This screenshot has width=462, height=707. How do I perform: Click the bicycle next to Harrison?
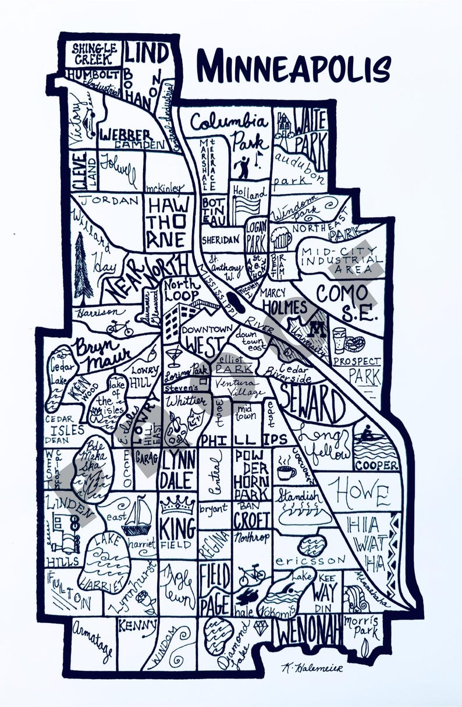tap(119, 328)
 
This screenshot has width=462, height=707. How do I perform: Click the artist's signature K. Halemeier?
tap(312, 667)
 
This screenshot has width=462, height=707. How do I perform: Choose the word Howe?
tap(361, 494)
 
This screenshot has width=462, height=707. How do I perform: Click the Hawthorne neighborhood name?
tap(167, 222)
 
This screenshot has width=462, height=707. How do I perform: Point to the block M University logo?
tap(317, 330)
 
